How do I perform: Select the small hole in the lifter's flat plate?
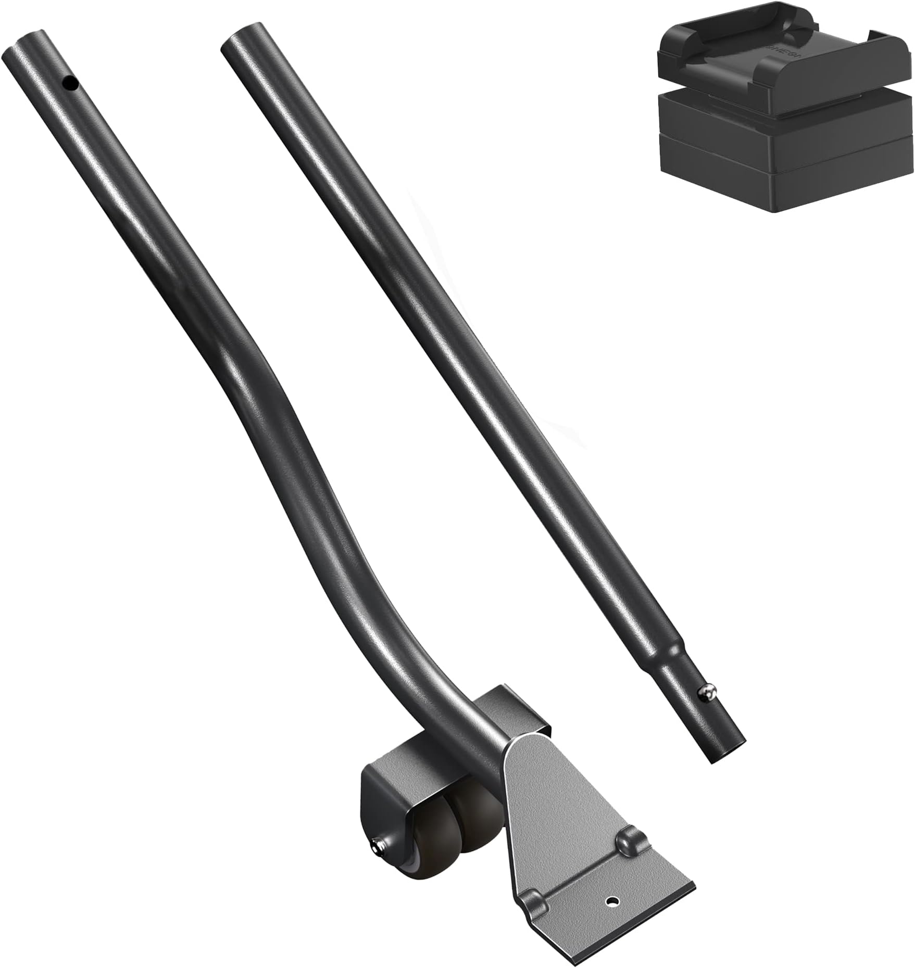[x=612, y=914]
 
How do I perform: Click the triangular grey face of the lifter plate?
[x=542, y=812]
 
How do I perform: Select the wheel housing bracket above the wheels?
[x=396, y=781]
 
